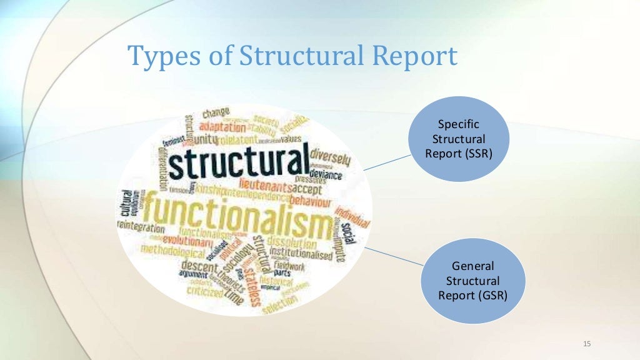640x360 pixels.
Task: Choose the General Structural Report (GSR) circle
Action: (473, 281)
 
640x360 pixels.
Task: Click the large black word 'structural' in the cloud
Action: (239, 162)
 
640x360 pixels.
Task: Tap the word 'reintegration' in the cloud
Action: (141, 229)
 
